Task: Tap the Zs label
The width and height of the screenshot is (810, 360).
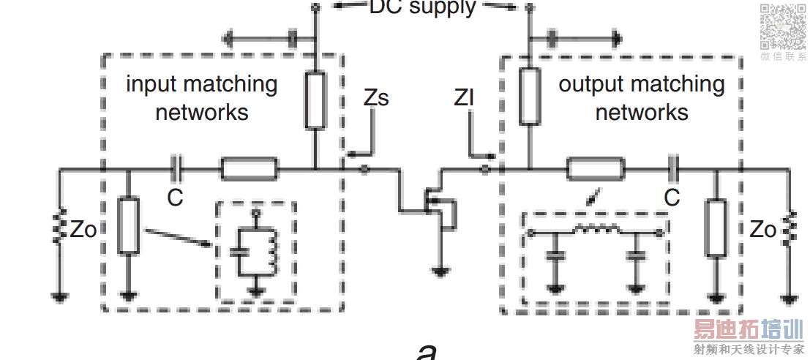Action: click(x=375, y=98)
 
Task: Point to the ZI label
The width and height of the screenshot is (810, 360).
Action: click(x=465, y=98)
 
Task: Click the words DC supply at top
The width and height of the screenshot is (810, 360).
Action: click(x=422, y=8)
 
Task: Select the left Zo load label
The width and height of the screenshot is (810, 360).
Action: click(x=83, y=229)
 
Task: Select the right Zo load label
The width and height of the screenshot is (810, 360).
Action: click(x=763, y=229)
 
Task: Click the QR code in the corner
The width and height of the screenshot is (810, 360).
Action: click(x=782, y=26)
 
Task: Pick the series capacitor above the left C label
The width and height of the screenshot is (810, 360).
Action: click(x=176, y=170)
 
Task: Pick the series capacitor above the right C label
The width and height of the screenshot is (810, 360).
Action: click(x=672, y=170)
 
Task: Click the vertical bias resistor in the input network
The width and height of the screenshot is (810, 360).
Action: click(x=315, y=100)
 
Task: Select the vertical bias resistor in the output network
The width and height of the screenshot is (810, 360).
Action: click(x=529, y=95)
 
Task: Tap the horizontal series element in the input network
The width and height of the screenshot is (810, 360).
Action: click(x=250, y=170)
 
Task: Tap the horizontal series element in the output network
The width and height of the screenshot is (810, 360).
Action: click(x=596, y=170)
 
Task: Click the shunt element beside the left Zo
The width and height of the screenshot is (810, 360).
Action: click(x=129, y=225)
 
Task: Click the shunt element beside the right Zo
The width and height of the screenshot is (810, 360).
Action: click(x=716, y=228)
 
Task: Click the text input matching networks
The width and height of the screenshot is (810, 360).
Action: click(x=202, y=98)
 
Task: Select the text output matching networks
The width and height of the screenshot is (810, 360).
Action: click(x=642, y=98)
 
